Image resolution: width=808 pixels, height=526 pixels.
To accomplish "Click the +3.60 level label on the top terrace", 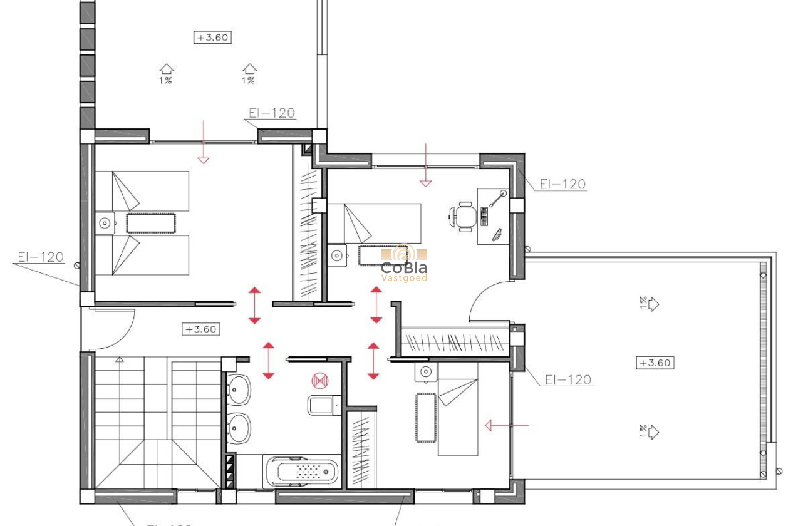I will point(212,38).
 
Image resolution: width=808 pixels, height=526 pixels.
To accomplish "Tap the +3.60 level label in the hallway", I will point(201,329).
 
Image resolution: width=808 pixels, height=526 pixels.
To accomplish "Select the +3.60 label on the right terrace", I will point(655,363).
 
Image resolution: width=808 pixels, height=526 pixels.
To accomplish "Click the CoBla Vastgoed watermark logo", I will point(405,263).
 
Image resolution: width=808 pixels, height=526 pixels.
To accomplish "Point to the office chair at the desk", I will point(464,217).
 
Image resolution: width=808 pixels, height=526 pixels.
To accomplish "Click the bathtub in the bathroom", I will point(303,472).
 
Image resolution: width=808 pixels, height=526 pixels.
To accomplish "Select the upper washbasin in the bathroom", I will point(238,389).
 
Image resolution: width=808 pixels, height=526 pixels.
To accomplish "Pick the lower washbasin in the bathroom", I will point(238,430).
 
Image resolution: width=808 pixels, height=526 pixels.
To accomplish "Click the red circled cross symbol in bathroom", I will point(320,380).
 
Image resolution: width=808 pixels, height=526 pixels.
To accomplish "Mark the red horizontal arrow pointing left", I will point(506,426).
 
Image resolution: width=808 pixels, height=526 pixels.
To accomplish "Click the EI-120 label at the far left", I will point(41,257).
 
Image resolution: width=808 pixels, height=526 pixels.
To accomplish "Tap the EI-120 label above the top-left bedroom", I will point(271,113).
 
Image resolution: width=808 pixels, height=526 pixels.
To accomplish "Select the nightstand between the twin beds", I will point(105,223).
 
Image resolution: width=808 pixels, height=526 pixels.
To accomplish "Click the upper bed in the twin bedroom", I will point(142,191).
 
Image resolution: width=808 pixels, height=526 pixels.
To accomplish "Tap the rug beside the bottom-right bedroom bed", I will point(426,417).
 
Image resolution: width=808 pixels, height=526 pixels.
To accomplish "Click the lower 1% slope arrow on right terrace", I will point(652,432).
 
